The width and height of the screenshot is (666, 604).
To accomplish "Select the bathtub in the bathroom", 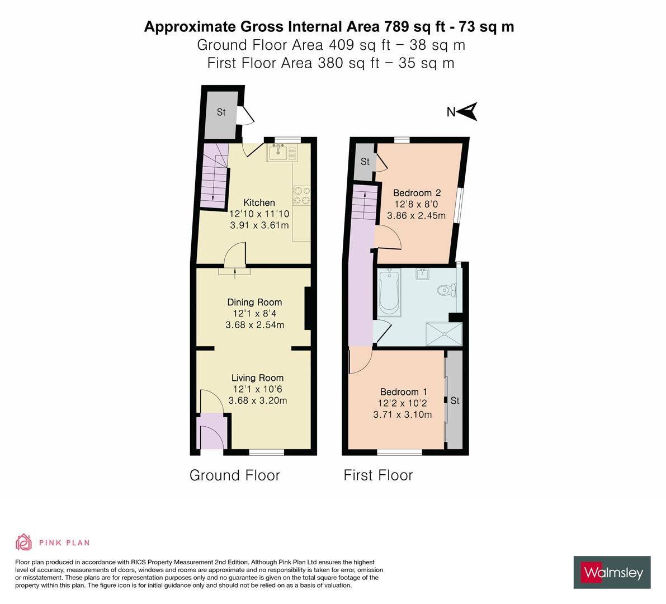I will (x=387, y=291).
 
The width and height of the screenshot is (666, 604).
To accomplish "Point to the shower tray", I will (x=445, y=334).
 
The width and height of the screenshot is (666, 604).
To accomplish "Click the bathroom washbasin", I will (x=423, y=274).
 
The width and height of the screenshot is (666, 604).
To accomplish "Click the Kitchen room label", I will (x=259, y=202).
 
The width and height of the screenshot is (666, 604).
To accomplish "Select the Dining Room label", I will (x=254, y=302).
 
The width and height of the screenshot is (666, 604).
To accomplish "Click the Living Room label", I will (x=257, y=378).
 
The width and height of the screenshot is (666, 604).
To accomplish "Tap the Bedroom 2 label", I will (x=417, y=192).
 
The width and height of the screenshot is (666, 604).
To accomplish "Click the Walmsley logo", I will (x=612, y=572).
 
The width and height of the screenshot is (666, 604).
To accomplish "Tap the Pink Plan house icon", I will (x=23, y=542).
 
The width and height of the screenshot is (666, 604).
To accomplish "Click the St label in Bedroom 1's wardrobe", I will (x=455, y=400).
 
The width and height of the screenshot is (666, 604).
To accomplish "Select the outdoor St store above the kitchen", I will (x=220, y=112).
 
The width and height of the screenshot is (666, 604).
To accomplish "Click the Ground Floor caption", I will (x=234, y=475).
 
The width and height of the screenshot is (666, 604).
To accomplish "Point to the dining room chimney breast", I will (x=307, y=309).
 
